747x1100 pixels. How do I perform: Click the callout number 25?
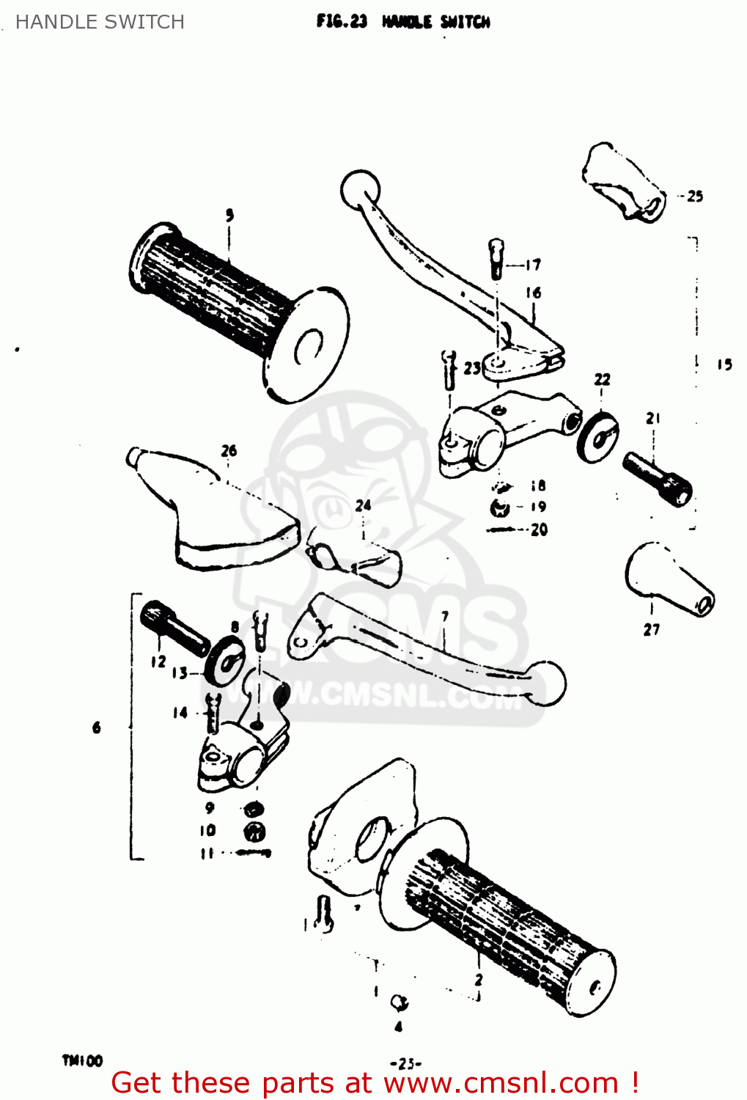[695, 196]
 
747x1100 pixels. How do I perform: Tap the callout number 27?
[651, 629]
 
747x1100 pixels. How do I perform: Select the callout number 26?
[229, 450]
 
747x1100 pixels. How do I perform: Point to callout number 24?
[363, 505]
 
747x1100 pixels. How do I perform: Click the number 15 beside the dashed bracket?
[724, 364]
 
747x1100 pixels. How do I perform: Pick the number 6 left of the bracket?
[97, 727]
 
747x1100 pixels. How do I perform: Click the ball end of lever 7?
[547, 682]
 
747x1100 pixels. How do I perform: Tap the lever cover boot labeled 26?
[213, 513]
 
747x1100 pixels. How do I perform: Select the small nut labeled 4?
[400, 1002]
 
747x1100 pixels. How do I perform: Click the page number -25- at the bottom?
[405, 1063]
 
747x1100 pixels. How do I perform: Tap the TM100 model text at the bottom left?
[82, 1060]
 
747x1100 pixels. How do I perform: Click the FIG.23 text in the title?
[341, 21]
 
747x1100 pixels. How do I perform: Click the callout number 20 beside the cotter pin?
[539, 529]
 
